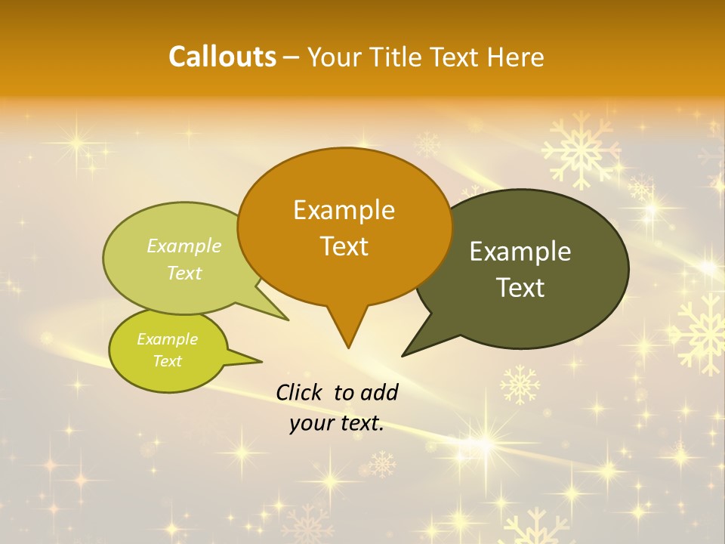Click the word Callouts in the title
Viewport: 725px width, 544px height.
click(222, 57)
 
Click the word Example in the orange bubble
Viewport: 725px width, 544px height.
click(344, 209)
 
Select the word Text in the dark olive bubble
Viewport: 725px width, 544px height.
click(521, 288)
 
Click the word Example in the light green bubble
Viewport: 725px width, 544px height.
click(184, 246)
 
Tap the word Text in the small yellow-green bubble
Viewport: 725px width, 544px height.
click(168, 361)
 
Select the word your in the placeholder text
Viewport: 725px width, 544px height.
click(310, 423)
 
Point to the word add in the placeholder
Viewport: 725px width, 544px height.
click(378, 392)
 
